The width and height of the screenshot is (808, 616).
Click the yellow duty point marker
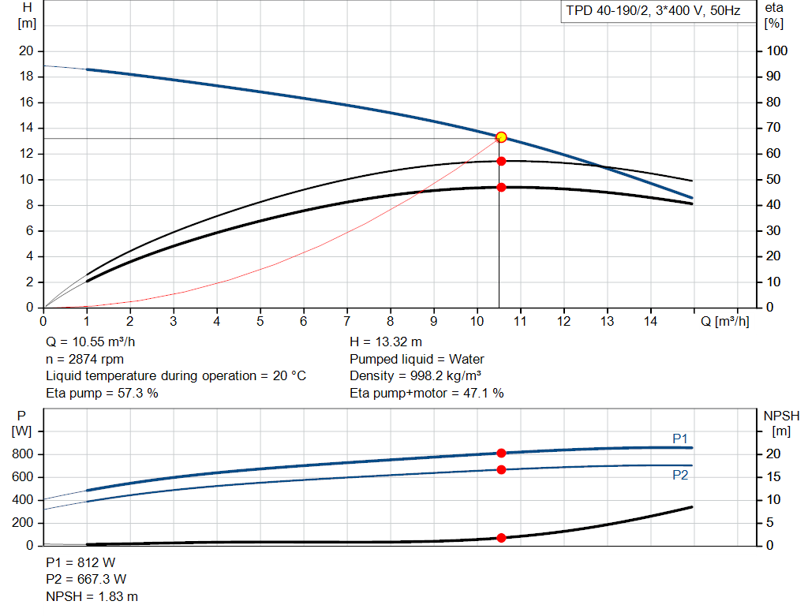(501, 137)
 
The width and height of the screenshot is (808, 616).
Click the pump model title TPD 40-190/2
(651, 11)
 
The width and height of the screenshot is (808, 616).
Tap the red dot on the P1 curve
(501, 453)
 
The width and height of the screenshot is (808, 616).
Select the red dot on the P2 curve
(501, 470)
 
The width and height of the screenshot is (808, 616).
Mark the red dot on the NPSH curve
(501, 538)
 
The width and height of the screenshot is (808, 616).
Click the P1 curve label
(680, 439)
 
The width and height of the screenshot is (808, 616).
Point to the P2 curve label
(680, 475)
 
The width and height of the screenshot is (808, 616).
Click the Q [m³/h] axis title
(724, 322)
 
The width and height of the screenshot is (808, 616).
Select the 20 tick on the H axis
(26, 51)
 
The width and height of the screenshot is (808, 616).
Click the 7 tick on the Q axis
(347, 322)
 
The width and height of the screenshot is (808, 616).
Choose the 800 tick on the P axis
(23, 454)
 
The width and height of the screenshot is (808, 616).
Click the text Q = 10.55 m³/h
(95, 342)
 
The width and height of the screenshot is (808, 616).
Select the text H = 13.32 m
(386, 342)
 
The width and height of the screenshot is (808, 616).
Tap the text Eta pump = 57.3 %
(102, 393)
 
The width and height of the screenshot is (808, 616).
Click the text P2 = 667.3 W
(86, 580)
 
